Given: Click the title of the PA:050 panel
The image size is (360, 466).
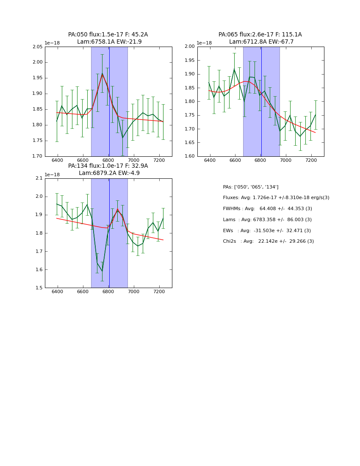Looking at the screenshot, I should (108, 38).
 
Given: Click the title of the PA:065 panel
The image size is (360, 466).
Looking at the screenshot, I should (260, 38).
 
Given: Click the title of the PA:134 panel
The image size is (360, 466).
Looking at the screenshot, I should (108, 169).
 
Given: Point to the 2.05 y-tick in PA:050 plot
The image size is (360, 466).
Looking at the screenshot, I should (38, 47).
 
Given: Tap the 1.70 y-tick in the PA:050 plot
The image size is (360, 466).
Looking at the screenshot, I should (38, 156).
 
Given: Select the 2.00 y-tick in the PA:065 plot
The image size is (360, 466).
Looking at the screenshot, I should (190, 47).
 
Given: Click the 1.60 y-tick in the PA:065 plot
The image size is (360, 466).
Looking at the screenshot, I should (190, 156).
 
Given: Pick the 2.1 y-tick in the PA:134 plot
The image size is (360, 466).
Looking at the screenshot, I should (39, 178).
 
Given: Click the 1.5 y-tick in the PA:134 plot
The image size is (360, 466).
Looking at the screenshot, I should (39, 288).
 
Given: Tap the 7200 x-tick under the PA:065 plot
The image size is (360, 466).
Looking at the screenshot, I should (311, 161).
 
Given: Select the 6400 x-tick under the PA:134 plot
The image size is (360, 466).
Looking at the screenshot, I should (58, 292).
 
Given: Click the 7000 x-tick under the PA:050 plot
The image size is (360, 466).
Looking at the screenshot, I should (134, 161).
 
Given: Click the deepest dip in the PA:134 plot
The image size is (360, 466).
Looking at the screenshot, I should (102, 271).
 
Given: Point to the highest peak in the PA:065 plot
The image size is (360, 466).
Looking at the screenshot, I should (234, 69).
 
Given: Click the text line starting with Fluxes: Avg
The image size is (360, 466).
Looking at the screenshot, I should (276, 198).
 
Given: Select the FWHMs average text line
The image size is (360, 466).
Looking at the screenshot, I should (267, 209).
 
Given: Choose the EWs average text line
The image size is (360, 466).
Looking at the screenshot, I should (267, 230).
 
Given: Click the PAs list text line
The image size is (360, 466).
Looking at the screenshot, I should (251, 187).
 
